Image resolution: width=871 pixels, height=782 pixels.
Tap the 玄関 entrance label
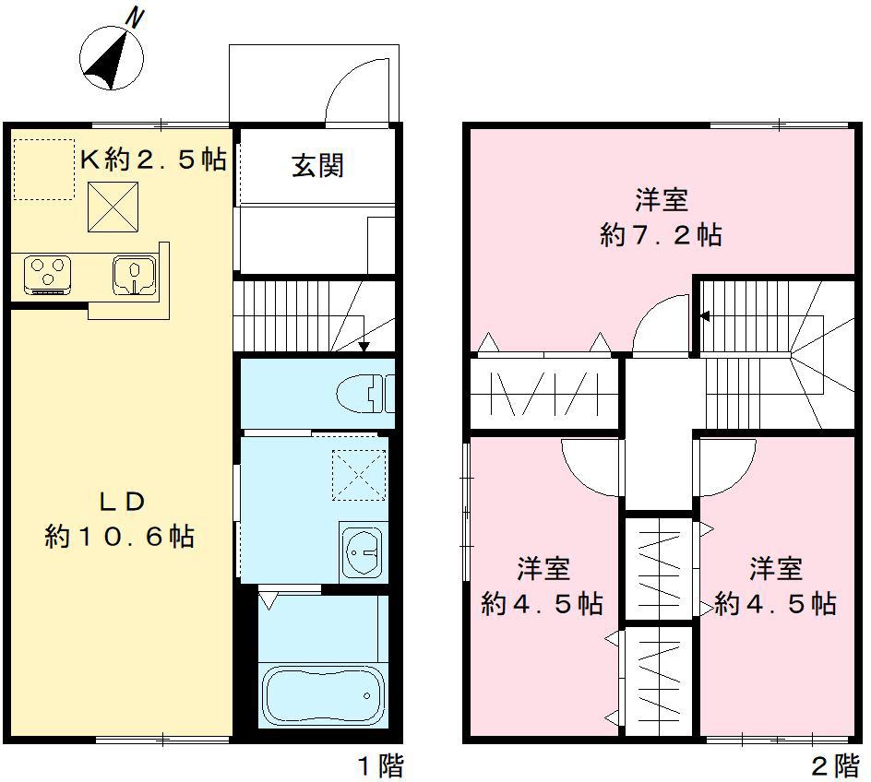click(x=317, y=166)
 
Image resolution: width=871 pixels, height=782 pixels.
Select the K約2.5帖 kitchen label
click(x=153, y=160)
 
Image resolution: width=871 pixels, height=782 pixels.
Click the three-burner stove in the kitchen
click(x=48, y=273)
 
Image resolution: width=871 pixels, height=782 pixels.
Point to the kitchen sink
click(x=134, y=274)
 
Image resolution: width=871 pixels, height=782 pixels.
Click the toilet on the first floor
click(x=363, y=395)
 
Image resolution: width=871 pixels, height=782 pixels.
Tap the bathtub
click(x=322, y=696)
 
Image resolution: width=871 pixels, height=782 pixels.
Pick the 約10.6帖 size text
click(x=120, y=536)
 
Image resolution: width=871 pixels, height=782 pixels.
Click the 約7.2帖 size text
click(x=661, y=235)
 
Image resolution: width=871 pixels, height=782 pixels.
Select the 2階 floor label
click(x=834, y=765)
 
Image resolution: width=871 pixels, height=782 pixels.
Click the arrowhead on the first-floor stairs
click(x=364, y=347)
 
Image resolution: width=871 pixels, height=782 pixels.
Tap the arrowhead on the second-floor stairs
click(x=704, y=316)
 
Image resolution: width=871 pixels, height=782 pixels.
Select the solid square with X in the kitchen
click(x=113, y=207)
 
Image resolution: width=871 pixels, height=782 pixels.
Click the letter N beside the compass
click(x=136, y=18)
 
